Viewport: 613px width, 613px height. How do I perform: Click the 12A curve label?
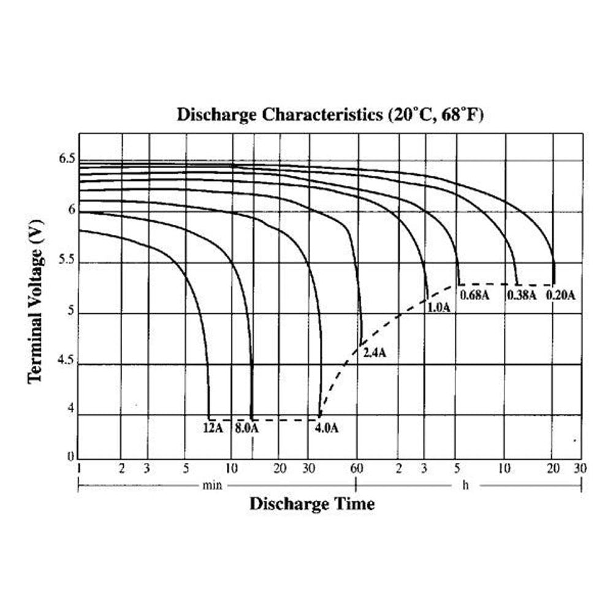[x=213, y=428]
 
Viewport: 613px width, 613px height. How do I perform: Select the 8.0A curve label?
[x=246, y=428]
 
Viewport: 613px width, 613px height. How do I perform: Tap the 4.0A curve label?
[x=327, y=428]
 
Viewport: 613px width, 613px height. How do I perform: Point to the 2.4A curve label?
[x=375, y=353]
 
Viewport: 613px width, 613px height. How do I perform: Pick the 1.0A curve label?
[x=438, y=308]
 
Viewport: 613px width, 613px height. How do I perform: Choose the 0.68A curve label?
[x=474, y=295]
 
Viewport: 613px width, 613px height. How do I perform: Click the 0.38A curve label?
[x=522, y=295]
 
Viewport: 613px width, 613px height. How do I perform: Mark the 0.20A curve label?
[x=561, y=295]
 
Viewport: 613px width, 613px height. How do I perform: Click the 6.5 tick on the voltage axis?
[x=67, y=159]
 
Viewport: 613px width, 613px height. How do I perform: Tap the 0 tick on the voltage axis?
[x=70, y=456]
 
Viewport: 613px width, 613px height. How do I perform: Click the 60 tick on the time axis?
[x=357, y=469]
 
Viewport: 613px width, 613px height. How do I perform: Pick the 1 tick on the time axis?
[x=78, y=469]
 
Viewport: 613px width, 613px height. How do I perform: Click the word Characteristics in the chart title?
[x=324, y=115]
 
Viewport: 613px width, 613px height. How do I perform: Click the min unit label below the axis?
[x=212, y=485]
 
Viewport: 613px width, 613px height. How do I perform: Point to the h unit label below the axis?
[x=465, y=485]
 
